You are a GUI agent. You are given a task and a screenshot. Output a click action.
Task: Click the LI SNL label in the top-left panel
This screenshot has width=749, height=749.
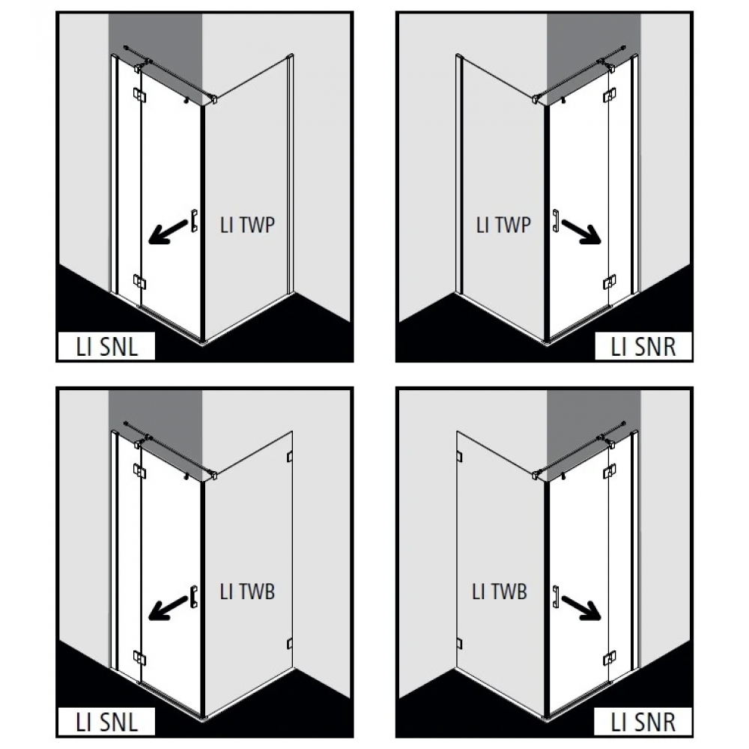click(106, 347)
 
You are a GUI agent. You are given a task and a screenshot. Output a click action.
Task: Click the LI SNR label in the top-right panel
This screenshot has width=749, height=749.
click(643, 347)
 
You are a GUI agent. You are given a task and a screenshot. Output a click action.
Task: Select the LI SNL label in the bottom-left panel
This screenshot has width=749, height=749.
click(106, 722)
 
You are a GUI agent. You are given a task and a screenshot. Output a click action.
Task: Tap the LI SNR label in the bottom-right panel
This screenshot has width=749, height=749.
click(643, 722)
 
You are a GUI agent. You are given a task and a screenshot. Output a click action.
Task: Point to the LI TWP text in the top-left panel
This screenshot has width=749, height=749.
click(247, 225)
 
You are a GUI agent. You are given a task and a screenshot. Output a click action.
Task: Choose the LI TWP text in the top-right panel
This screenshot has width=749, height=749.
click(503, 225)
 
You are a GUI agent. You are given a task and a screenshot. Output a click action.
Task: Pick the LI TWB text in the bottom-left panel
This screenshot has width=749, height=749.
click(247, 592)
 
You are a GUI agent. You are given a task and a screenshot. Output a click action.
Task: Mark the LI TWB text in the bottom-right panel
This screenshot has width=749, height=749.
click(499, 592)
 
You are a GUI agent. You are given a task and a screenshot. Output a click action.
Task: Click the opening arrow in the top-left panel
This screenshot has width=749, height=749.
click(167, 231)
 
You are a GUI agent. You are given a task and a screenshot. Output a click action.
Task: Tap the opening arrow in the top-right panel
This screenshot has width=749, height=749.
click(581, 231)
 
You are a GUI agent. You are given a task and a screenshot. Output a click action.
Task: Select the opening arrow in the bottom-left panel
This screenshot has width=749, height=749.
click(167, 607)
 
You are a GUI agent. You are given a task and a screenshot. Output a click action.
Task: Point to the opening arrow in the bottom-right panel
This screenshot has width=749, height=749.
click(581, 607)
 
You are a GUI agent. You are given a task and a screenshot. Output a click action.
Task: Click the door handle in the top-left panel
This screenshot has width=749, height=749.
click(194, 221)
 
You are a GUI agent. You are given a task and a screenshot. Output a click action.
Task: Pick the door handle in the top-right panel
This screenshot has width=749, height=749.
click(556, 221)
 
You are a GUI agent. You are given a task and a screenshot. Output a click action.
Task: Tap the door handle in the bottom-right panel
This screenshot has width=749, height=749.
click(556, 597)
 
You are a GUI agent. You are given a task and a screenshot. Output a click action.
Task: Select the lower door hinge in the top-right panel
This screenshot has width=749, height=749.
click(609, 282)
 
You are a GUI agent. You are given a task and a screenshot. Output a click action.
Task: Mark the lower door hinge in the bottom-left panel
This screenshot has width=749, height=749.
click(139, 658)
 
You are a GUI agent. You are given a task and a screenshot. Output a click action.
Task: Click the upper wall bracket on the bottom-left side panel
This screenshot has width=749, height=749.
click(289, 457)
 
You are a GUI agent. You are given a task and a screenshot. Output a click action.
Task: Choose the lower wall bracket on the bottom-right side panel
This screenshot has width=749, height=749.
click(460, 643)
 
